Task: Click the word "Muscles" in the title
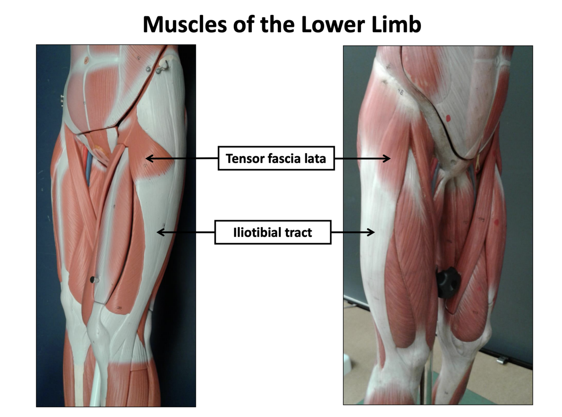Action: pos(185,24)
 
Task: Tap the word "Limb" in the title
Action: pos(396,24)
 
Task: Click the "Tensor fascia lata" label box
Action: pos(276,158)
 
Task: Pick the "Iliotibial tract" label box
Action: pos(273,232)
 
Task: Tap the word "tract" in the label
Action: pos(298,232)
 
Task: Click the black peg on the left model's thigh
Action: pos(93,279)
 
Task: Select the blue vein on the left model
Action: pos(88,169)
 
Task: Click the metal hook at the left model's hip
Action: pos(164,67)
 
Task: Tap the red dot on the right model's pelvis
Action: pos(448,118)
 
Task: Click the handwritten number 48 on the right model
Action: pos(400,92)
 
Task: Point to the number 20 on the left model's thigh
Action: pos(119,308)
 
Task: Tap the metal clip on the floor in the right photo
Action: pos(502,360)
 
